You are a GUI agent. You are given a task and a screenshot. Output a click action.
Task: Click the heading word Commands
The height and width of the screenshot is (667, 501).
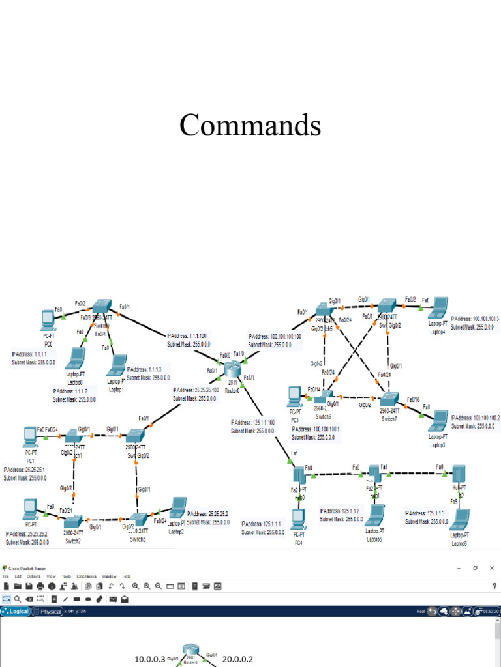coord(250,125)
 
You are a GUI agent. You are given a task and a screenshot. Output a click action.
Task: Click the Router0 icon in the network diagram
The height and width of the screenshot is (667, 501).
coord(232,369)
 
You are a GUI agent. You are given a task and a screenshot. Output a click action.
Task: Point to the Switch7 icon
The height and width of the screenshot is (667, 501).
coord(389,399)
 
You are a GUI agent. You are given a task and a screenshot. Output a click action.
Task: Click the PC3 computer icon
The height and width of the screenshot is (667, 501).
coord(294,395)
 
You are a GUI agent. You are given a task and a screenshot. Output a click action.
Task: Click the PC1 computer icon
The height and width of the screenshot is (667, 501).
coord(29,434)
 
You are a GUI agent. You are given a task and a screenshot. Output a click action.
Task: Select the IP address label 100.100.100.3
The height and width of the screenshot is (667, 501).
coord(474,319)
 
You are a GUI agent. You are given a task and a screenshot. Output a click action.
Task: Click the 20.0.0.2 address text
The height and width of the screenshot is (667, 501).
coord(237,659)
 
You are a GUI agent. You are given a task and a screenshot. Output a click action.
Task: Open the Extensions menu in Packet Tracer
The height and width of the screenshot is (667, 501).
coord(86,576)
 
